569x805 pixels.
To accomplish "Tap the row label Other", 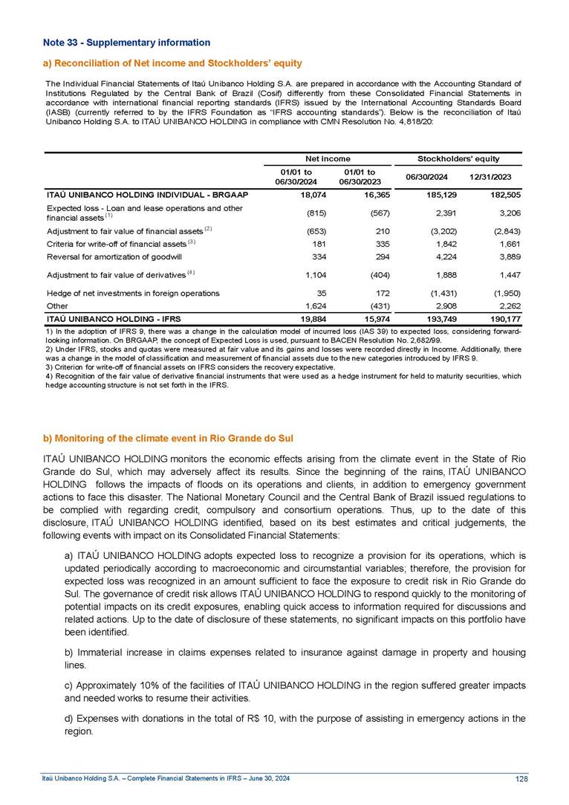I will pyautogui.click(x=56, y=305).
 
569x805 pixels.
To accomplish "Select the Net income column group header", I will pyautogui.click(x=329, y=159).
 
